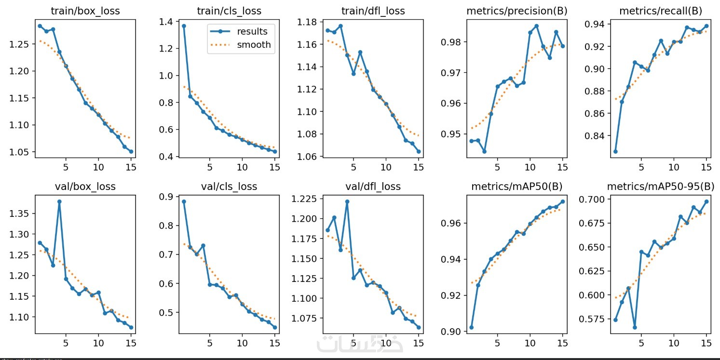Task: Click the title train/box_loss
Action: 85,11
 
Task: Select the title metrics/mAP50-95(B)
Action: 660,187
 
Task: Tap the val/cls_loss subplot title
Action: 229,187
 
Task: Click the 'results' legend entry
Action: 252,32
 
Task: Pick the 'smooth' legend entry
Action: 254,45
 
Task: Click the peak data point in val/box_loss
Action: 59,201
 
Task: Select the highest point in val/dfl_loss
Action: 347,201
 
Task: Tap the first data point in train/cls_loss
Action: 184,26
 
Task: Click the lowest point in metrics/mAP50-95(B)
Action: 635,327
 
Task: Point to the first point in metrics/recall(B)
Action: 615,151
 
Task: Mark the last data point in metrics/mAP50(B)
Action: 562,201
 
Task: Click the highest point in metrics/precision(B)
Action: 536,26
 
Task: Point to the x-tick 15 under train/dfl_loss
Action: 418,167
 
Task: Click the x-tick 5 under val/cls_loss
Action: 209,343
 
